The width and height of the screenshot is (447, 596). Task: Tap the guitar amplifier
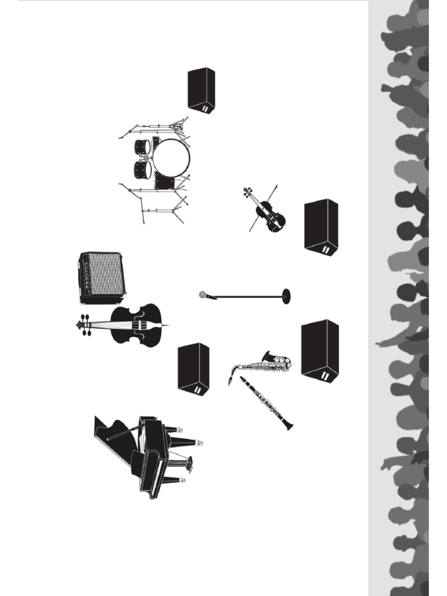(x=102, y=278)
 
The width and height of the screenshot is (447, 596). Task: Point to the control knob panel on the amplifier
(x=86, y=276)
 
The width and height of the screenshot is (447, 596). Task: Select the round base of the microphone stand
(x=286, y=296)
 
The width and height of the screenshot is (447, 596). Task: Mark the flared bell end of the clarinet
(x=288, y=425)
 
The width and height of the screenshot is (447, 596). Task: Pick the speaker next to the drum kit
(x=201, y=90)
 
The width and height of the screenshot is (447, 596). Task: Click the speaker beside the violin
(x=321, y=226)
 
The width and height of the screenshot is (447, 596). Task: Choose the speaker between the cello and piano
(x=193, y=368)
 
